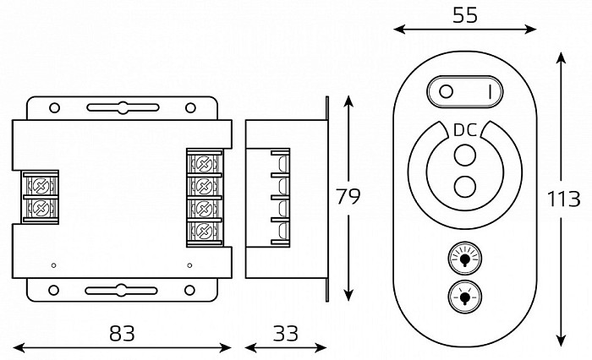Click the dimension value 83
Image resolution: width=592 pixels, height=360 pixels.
pyautogui.click(x=122, y=333)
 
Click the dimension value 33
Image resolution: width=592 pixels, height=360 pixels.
pyautogui.click(x=286, y=333)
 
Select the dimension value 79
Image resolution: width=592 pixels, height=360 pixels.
pyautogui.click(x=348, y=196)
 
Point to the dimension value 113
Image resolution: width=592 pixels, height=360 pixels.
pyautogui.click(x=563, y=199)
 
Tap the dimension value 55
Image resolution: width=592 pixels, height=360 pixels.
pyautogui.click(x=465, y=15)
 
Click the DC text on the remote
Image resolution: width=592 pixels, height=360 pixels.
pyautogui.click(x=465, y=130)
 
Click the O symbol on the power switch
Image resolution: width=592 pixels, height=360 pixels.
pyautogui.click(x=446, y=91)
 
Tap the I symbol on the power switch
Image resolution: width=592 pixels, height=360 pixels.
pyautogui.click(x=490, y=91)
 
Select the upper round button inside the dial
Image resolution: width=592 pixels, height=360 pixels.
pyautogui.click(x=465, y=155)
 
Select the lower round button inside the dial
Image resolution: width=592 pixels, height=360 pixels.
pyautogui.click(x=465, y=187)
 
